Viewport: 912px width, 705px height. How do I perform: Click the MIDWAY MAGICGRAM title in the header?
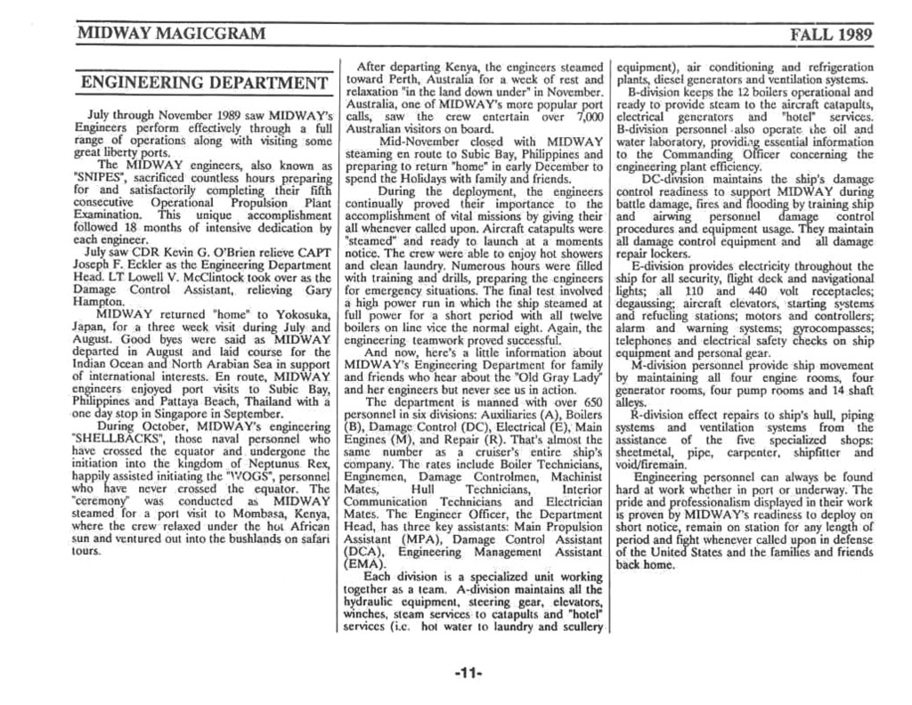(x=171, y=35)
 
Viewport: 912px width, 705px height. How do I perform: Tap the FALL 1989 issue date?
(x=830, y=36)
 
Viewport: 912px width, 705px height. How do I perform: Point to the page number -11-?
(x=468, y=674)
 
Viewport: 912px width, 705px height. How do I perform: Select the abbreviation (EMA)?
(x=366, y=563)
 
